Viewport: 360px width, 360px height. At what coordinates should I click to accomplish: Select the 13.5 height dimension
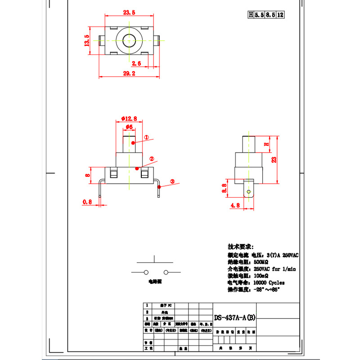pos(87,40)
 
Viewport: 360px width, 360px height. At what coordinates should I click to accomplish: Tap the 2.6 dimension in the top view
pos(136,63)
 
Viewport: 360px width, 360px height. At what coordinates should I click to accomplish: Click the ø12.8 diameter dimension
pos(130,118)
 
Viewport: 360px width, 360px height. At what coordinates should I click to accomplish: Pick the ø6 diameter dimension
pos(129,127)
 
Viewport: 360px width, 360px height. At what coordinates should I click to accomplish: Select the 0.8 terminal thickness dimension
pos(87,202)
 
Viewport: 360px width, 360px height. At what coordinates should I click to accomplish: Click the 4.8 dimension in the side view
pos(234,205)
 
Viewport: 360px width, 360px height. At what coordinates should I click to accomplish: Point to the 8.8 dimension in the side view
pos(224,188)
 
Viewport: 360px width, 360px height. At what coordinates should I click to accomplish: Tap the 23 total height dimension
pos(274,159)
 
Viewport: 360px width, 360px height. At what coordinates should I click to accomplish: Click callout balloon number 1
pos(146,137)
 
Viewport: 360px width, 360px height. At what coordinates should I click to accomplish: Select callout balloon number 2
pos(152,159)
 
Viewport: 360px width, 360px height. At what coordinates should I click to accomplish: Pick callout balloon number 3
pos(172,182)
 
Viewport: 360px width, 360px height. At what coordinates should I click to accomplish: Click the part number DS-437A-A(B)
pos(234,317)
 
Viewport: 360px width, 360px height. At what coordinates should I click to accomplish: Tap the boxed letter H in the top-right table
pos(251,15)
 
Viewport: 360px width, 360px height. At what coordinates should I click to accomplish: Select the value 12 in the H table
pos(280,15)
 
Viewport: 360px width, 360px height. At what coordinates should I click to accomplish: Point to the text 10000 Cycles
pos(269,283)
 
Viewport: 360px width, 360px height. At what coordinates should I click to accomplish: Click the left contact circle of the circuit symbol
pos(146,272)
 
